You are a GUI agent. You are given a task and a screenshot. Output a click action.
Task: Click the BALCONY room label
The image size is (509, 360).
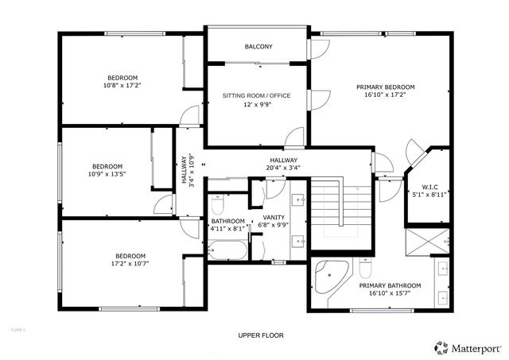pos(258,47)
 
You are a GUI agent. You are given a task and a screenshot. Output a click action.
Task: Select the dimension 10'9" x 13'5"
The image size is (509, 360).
pos(107,172)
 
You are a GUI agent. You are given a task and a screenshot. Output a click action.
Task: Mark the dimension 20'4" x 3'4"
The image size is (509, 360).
pos(283,168)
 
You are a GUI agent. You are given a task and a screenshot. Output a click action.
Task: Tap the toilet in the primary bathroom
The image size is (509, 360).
pos(366,266)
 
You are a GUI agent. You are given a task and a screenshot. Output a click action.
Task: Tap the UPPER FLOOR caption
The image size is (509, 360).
pos(261,335)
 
